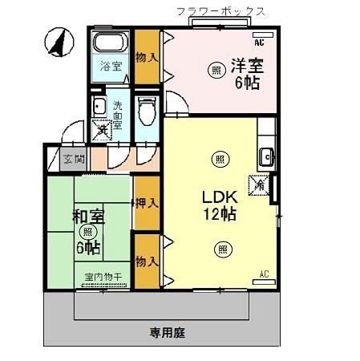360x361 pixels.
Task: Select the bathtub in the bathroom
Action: pyautogui.click(x=111, y=43)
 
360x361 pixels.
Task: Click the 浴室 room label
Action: pyautogui.click(x=111, y=67)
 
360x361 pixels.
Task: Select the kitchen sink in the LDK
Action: pyautogui.click(x=265, y=155)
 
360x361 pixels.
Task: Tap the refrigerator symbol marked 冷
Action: pyautogui.click(x=261, y=185)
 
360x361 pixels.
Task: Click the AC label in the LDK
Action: pyautogui.click(x=264, y=274)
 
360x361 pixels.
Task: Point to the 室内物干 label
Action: pyautogui.click(x=102, y=278)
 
